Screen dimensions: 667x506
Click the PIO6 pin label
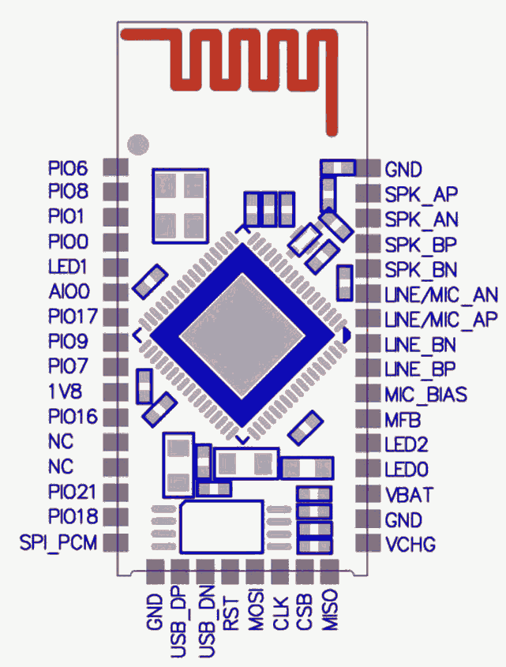click(x=68, y=168)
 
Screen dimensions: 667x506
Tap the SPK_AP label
click(x=422, y=193)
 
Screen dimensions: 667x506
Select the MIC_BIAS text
click(x=425, y=394)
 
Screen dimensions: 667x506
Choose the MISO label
click(x=331, y=610)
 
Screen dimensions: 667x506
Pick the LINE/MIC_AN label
click(x=440, y=294)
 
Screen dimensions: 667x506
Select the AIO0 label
click(x=69, y=291)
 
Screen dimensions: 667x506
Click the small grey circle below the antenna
click(x=138, y=144)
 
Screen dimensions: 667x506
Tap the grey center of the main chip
click(x=242, y=335)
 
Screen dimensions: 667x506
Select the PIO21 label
click(x=71, y=493)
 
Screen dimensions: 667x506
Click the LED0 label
click(x=407, y=470)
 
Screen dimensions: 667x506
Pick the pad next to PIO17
click(x=116, y=317)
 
